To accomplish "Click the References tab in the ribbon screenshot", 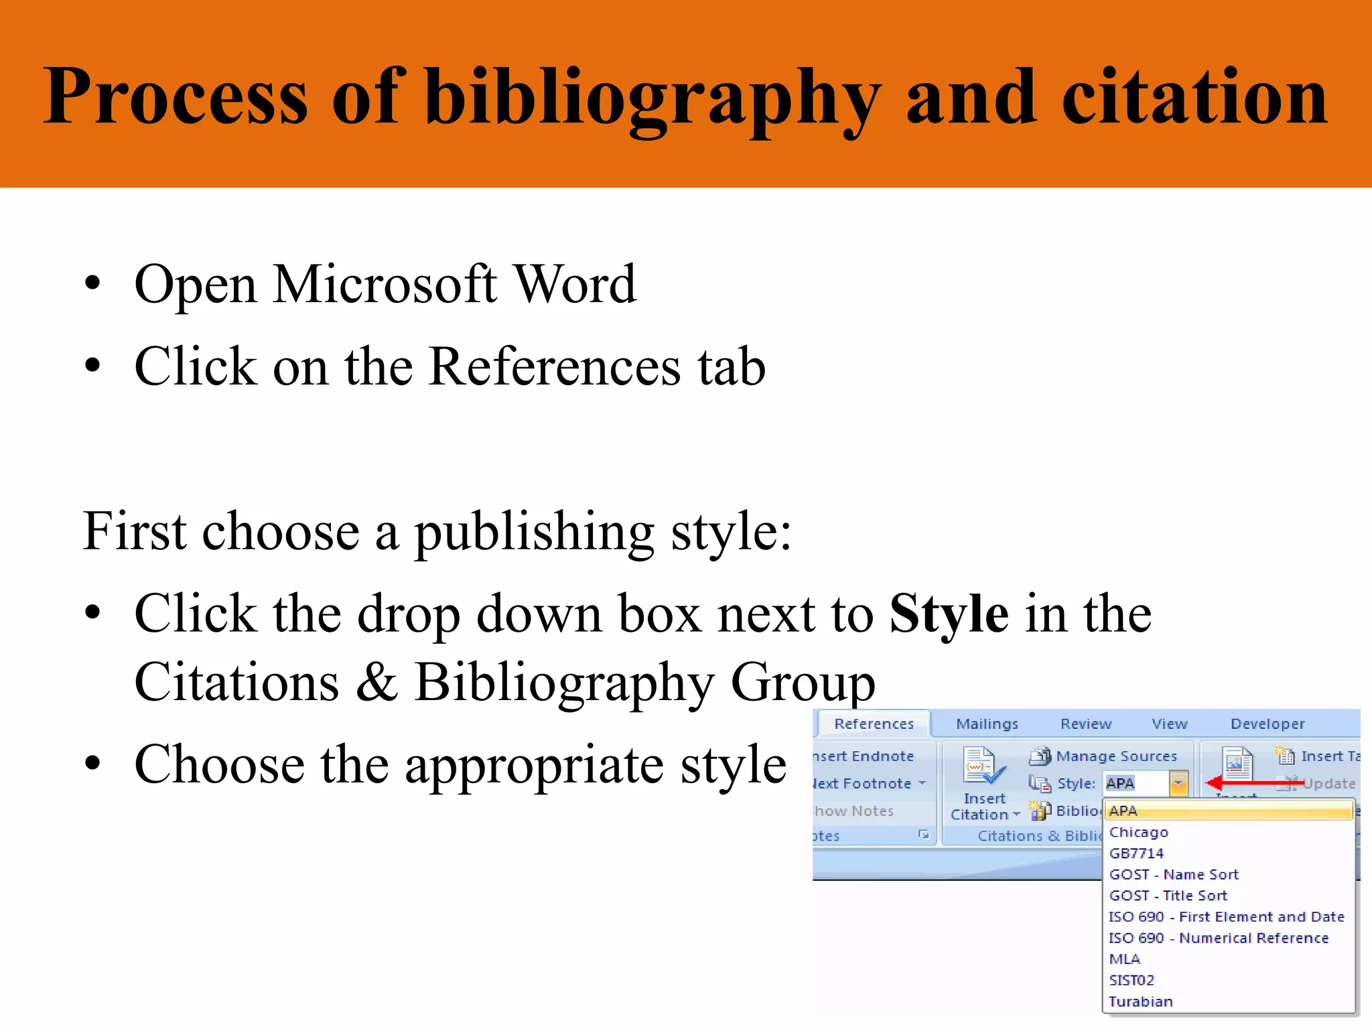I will pos(874,724).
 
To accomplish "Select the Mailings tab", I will pos(987,724).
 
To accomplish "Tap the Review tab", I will pos(1085,724).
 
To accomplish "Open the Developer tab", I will pos(1267,724).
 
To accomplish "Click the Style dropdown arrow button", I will pos(1178,783).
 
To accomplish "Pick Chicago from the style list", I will pos(1139,833).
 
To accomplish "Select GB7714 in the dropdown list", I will pos(1136,853).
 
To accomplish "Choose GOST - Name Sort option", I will pos(1174,875).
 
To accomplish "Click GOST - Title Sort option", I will pos(1168,896).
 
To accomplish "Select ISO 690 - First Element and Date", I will pos(1226,917).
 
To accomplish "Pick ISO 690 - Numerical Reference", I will pos(1219,939).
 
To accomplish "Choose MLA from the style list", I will pos(1125,959).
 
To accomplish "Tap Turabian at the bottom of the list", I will pos(1140,1002).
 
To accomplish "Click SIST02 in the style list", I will pos(1131,981).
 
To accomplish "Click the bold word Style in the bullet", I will pos(949,614).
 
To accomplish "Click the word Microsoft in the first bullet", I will pos(385,285).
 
